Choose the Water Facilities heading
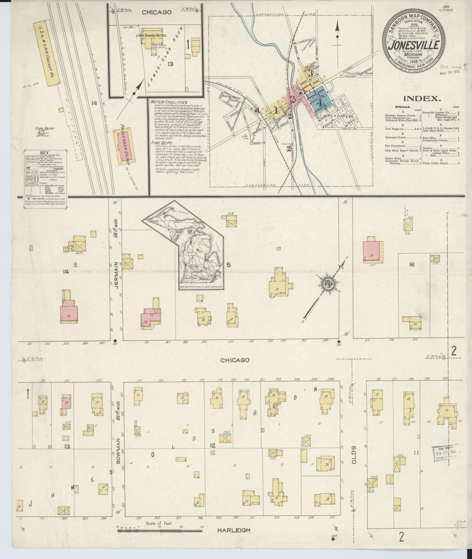click(169, 102)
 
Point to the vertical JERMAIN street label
click(116, 270)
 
